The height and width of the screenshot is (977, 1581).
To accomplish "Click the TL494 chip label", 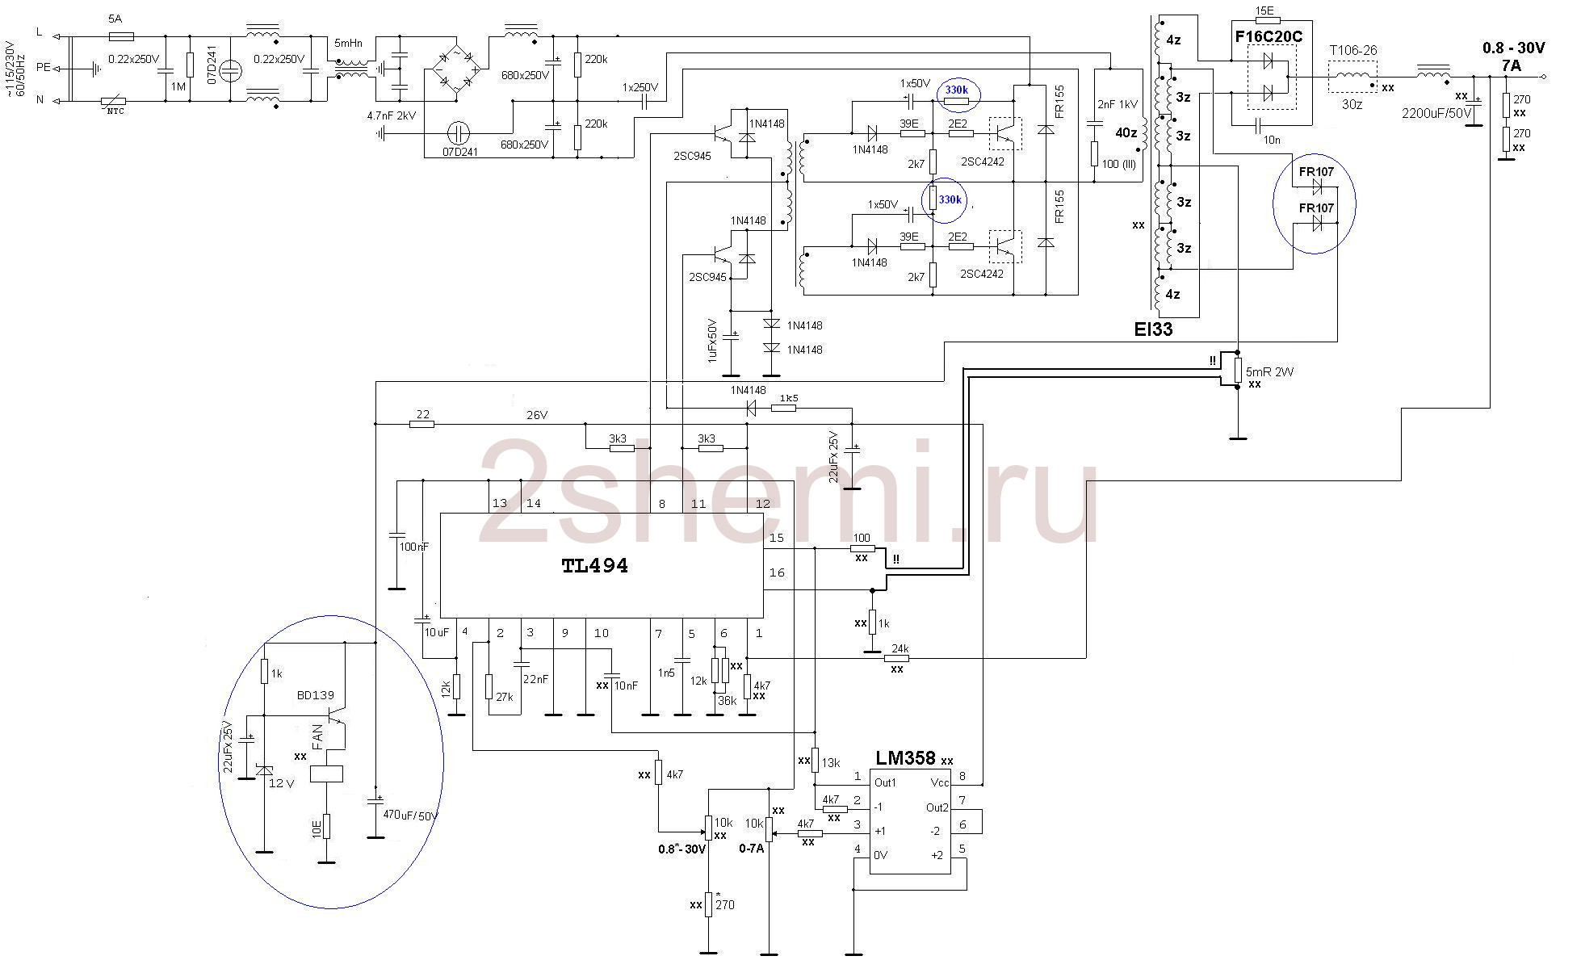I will [594, 566].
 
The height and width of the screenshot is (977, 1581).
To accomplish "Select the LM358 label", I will [905, 758].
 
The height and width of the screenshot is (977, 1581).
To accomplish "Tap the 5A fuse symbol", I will [121, 36].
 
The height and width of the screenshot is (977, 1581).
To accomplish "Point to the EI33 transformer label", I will [1153, 329].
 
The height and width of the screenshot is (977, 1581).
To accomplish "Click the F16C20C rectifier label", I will [1269, 36].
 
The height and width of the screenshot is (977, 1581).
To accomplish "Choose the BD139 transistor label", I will [315, 695].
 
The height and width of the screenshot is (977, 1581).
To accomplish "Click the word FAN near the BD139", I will [317, 737].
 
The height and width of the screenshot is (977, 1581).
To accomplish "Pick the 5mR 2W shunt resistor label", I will [1269, 371].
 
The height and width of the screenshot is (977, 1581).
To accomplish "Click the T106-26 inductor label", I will [1353, 50].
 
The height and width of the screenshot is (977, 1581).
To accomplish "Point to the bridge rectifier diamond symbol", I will [455, 69].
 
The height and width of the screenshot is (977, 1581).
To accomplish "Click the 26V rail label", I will [537, 415].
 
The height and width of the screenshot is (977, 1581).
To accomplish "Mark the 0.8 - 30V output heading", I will [1513, 48].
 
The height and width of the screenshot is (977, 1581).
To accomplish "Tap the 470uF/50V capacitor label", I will [410, 816].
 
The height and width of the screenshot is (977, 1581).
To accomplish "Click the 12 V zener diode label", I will [281, 783].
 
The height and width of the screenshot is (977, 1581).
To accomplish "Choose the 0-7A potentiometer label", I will [751, 849].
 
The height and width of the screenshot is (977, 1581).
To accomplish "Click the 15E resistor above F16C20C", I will [1264, 10].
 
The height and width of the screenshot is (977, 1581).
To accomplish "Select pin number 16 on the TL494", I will [777, 572].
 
